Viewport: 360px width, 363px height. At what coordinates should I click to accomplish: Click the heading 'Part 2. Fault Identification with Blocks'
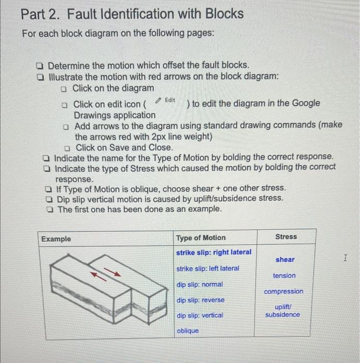132,14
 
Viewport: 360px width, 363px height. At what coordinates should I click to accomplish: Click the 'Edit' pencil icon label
167,100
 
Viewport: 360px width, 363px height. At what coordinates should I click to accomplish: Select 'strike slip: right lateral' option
214,252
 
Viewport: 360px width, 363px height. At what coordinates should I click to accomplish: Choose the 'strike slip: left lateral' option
208,268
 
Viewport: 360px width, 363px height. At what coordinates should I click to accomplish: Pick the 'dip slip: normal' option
199,284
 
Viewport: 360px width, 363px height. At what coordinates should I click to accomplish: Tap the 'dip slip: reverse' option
200,300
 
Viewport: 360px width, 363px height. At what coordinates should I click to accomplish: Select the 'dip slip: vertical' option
199,315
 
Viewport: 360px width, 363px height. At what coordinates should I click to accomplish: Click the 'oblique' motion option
188,331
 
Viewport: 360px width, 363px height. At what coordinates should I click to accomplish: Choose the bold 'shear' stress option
285,259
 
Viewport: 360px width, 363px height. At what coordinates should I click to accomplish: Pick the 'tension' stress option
284,275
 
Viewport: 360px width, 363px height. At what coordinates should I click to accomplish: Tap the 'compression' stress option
284,291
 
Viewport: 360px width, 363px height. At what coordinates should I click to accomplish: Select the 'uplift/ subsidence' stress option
282,311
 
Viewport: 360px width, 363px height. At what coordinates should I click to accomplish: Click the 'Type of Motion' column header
201,238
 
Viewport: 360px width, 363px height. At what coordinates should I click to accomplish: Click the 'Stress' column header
286,236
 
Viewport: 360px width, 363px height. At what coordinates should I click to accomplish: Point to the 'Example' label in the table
56,239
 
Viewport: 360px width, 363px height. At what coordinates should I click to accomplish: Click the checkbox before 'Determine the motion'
39,66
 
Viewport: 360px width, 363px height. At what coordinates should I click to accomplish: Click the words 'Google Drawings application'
114,115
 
